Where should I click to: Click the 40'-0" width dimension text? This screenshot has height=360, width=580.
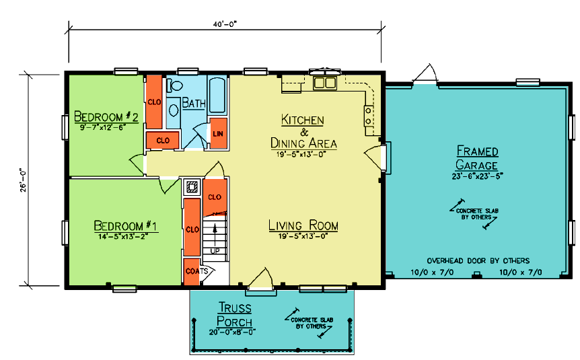tap(225, 24)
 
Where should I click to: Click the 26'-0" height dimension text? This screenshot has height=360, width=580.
tap(24, 180)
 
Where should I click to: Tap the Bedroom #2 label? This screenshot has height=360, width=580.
tap(106, 116)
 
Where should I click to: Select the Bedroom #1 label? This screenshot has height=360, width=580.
tap(125, 225)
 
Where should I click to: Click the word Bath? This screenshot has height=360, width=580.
tap(194, 102)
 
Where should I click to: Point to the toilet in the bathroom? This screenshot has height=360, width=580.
tap(175, 86)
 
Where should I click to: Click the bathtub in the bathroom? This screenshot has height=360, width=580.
tap(217, 95)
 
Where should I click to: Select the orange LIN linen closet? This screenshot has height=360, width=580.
tap(218, 133)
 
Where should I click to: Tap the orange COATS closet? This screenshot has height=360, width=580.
tap(192, 272)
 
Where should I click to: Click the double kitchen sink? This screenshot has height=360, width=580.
tap(325, 83)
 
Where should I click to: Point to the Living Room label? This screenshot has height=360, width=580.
tap(303, 225)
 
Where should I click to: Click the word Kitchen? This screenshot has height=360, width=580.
tap(303, 120)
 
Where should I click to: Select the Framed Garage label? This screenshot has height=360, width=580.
tap(477, 157)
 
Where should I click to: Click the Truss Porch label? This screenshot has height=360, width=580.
tap(235, 314)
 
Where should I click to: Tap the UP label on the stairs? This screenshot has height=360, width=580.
tap(215, 251)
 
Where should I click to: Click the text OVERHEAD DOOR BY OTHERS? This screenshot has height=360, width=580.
tap(478, 260)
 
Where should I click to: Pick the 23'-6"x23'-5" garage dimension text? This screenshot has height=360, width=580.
tap(477, 176)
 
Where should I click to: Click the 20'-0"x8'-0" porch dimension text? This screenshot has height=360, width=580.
tap(233, 332)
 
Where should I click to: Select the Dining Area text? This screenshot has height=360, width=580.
tap(303, 143)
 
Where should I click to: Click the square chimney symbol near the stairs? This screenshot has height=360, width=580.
tap(192, 187)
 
